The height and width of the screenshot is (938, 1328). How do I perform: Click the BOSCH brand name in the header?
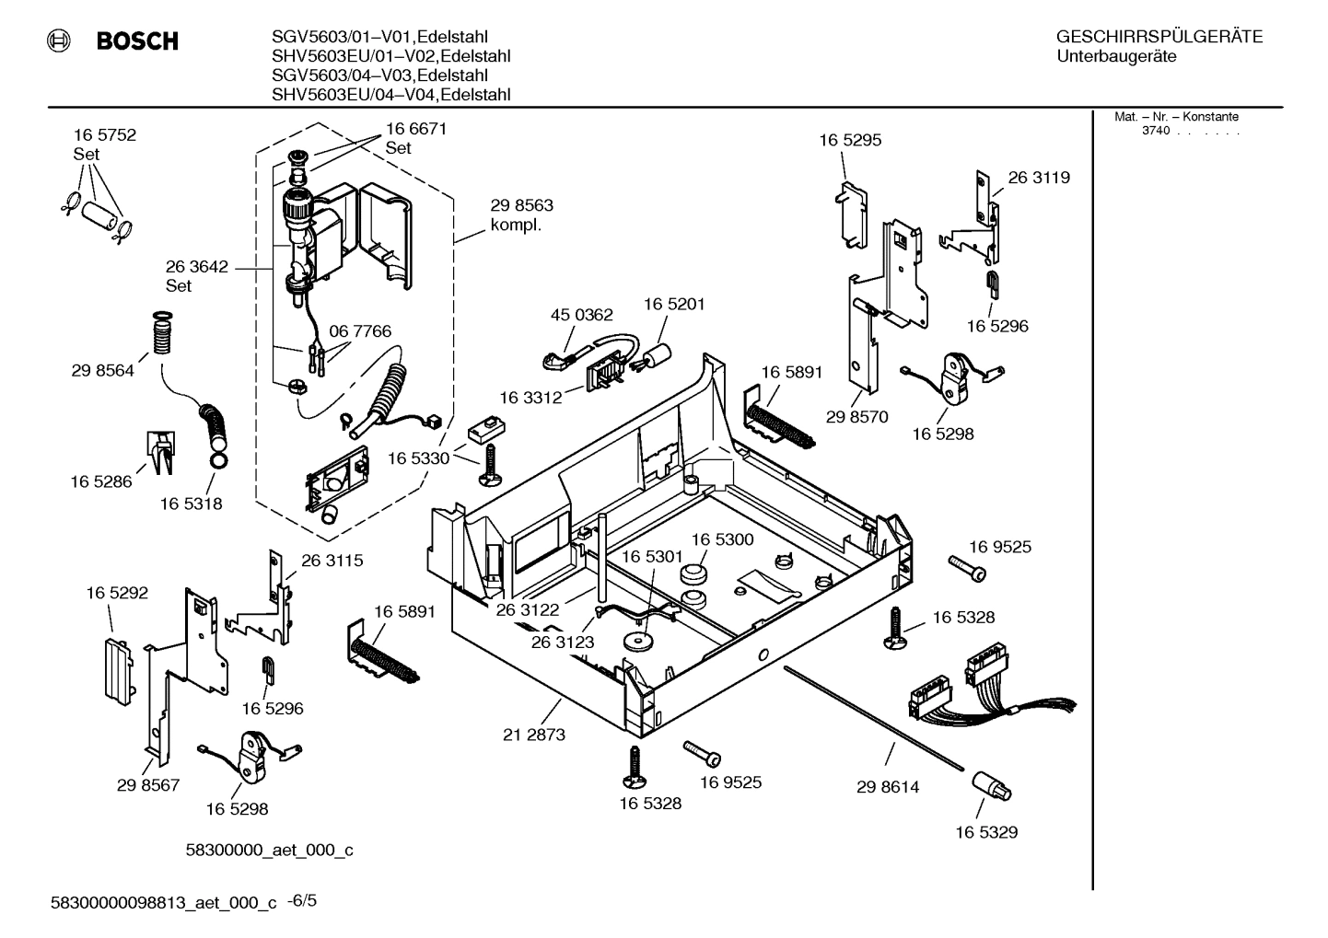137,41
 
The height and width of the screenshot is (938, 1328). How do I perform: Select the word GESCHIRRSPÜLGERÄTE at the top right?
1159,38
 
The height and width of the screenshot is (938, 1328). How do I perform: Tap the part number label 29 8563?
522,205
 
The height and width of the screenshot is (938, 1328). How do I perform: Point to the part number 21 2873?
534,735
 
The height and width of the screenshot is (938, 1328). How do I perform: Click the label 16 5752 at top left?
105,134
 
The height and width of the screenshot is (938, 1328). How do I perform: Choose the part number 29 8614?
888,787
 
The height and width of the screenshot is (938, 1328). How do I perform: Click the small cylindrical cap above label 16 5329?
991,787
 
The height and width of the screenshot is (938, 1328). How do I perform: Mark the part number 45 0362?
581,315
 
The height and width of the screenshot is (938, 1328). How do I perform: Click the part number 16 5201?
673,304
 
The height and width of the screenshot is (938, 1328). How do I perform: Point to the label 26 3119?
1039,178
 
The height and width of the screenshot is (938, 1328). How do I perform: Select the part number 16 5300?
722,539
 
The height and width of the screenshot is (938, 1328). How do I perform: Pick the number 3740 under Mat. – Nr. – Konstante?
1155,132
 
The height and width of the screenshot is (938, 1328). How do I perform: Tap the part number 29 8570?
856,416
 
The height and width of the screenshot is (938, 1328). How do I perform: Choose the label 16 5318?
191,504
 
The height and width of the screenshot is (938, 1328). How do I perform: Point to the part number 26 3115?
332,561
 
